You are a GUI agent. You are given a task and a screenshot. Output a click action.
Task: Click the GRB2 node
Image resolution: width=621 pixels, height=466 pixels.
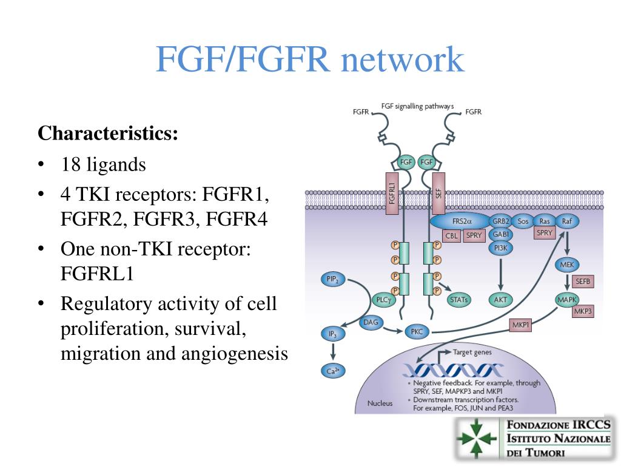click(500, 222)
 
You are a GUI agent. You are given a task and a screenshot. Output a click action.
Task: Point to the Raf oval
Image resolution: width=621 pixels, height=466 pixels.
click(567, 222)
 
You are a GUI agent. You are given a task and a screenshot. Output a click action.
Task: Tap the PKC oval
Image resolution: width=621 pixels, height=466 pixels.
click(417, 332)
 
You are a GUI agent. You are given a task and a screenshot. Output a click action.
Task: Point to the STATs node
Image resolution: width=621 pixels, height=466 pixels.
click(460, 299)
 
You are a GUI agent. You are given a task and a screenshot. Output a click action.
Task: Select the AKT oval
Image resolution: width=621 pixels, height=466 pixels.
click(500, 299)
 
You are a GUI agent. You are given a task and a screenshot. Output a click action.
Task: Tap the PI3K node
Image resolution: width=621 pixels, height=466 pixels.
click(500, 248)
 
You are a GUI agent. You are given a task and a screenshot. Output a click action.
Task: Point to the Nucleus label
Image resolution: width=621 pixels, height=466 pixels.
click(380, 403)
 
